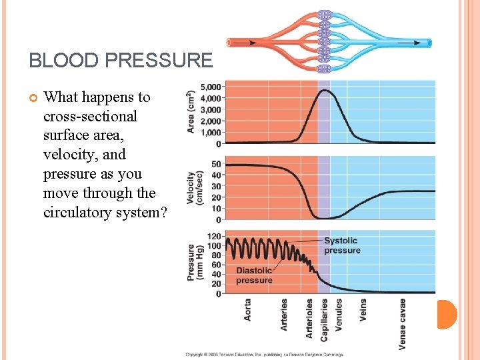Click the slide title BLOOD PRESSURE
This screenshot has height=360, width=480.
pos(120,61)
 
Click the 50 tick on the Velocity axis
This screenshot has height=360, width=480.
pos(216,164)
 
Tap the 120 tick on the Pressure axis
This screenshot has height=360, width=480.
pos(213,236)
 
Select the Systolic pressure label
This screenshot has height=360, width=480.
pos(342,245)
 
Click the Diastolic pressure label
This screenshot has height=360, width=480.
pos(254,275)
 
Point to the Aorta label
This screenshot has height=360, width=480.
pos(248,309)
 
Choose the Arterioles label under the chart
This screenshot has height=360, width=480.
pos(309,317)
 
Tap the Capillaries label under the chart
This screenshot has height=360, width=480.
pos(324,320)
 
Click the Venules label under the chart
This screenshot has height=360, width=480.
pos(339,313)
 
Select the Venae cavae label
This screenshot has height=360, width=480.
pos(403,323)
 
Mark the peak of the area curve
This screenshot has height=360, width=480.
pos(324,90)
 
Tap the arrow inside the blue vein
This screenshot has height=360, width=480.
pos(404,42)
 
